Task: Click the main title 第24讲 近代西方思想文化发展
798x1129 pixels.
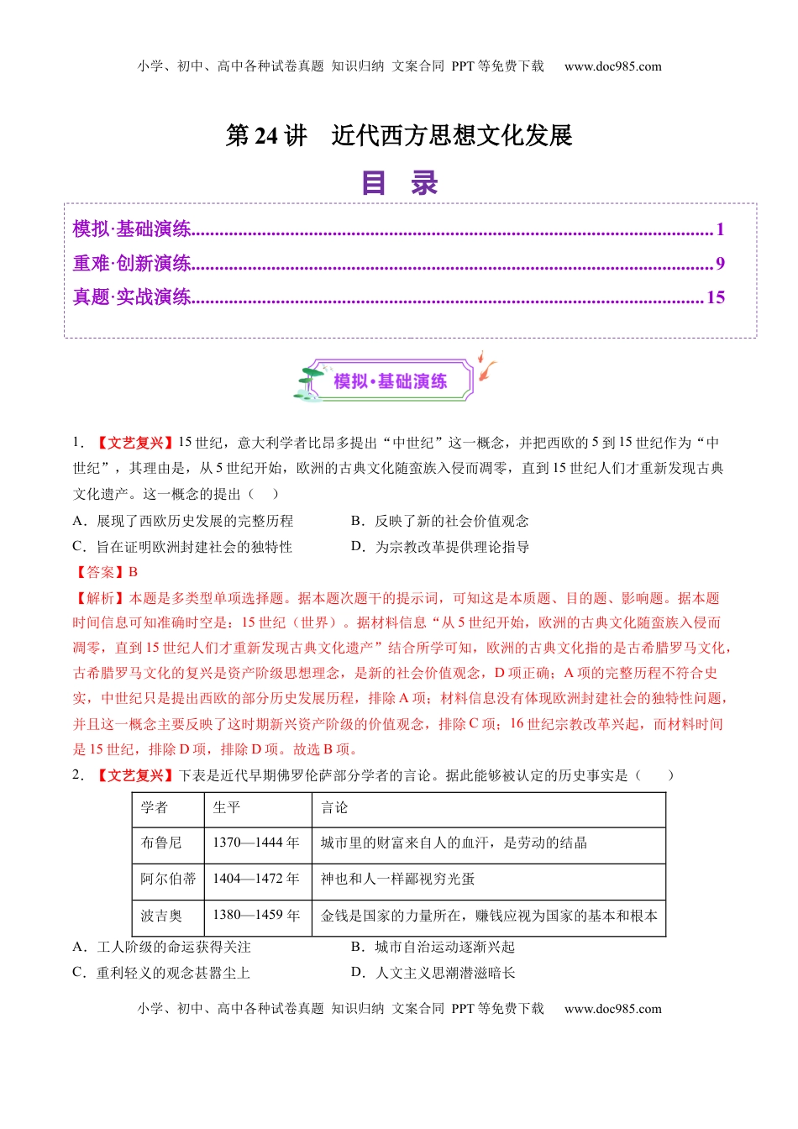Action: (x=399, y=135)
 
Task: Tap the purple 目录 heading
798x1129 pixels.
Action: (x=399, y=182)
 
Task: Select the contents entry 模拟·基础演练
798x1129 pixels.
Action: (x=132, y=229)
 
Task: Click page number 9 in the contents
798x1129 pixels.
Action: (x=720, y=264)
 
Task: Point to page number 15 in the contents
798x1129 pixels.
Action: (x=716, y=297)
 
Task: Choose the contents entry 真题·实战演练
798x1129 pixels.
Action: (x=132, y=297)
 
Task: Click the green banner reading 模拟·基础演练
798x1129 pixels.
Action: (x=390, y=381)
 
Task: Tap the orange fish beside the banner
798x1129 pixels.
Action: (x=486, y=368)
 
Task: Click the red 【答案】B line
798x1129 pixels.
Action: (x=106, y=572)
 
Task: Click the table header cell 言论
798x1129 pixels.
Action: (x=334, y=808)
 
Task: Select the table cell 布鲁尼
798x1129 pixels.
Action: (x=161, y=843)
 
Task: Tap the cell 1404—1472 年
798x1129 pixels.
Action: (x=256, y=879)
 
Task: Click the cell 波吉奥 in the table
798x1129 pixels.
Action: (x=161, y=916)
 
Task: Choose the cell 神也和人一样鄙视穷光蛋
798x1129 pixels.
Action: (x=398, y=879)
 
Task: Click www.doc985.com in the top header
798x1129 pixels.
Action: (x=612, y=66)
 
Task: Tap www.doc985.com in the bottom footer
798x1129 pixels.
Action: (x=612, y=1009)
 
